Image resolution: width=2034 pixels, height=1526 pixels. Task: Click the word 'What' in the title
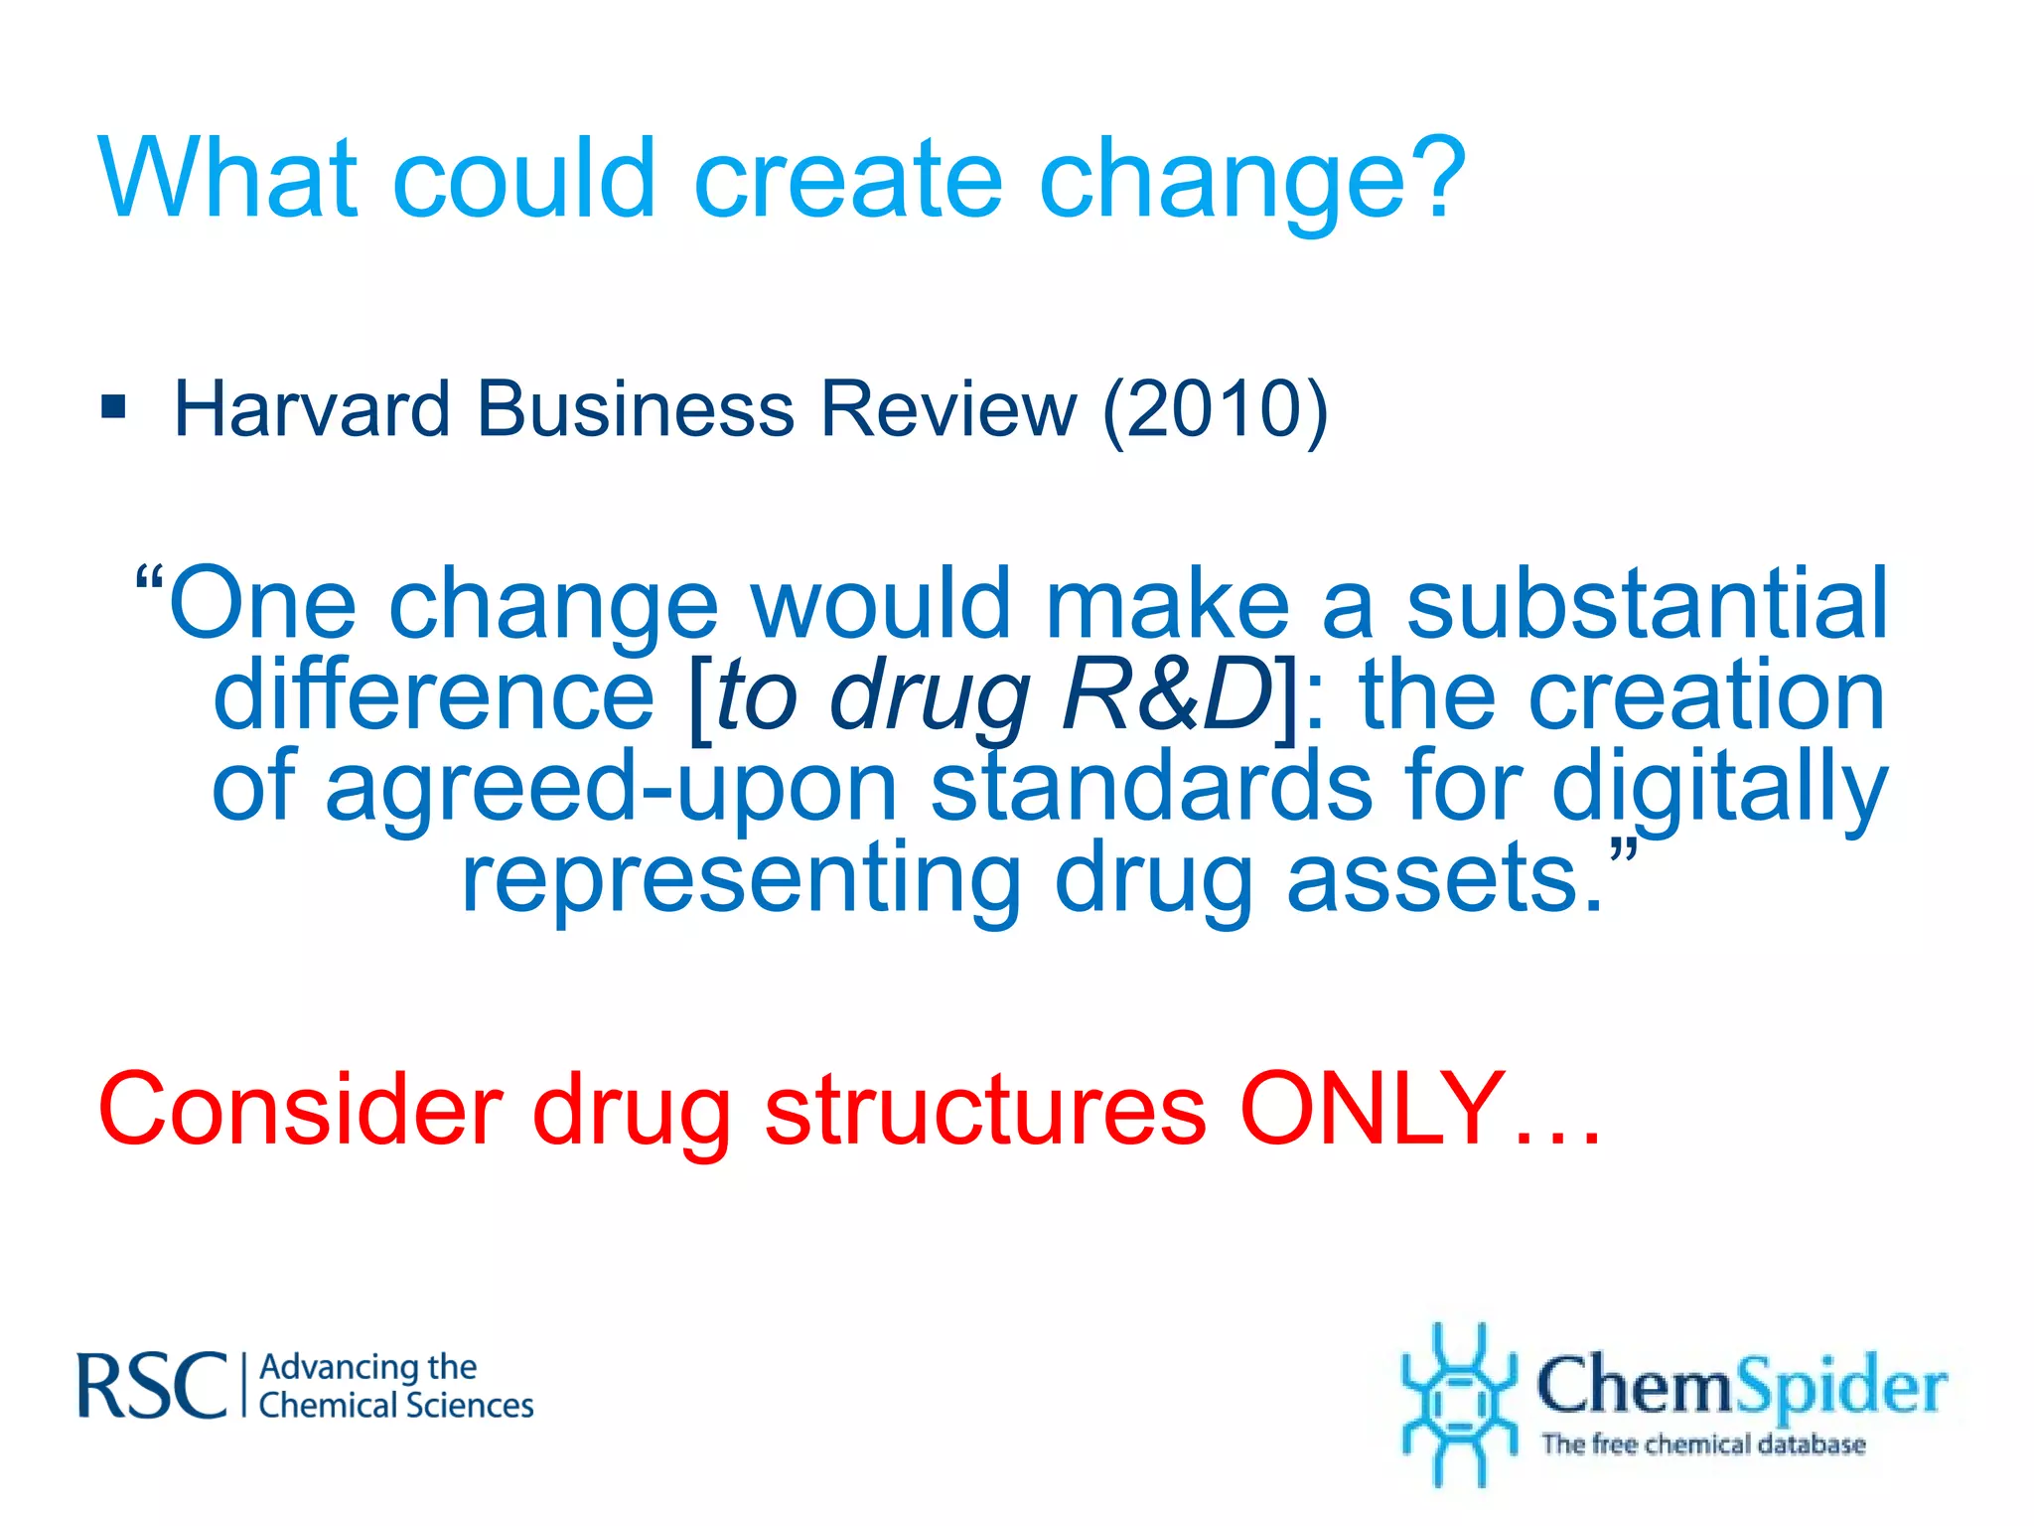click(x=227, y=179)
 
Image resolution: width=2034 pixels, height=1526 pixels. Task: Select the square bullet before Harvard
click(x=114, y=407)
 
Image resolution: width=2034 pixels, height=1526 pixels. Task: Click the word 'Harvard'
click(x=312, y=409)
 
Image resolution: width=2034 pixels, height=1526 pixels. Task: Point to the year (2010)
click(x=1214, y=409)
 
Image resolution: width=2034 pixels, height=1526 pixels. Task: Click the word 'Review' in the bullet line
click(x=947, y=409)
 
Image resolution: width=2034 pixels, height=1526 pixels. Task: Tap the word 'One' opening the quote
click(x=262, y=604)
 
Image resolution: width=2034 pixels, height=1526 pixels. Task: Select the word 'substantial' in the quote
click(x=1647, y=604)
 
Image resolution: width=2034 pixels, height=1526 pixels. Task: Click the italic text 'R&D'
click(x=1166, y=695)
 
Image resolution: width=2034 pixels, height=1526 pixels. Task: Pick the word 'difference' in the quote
click(x=434, y=695)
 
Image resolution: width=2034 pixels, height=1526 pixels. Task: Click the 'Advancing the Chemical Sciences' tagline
click(x=395, y=1386)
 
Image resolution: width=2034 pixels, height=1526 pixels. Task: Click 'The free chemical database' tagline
click(x=1702, y=1444)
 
